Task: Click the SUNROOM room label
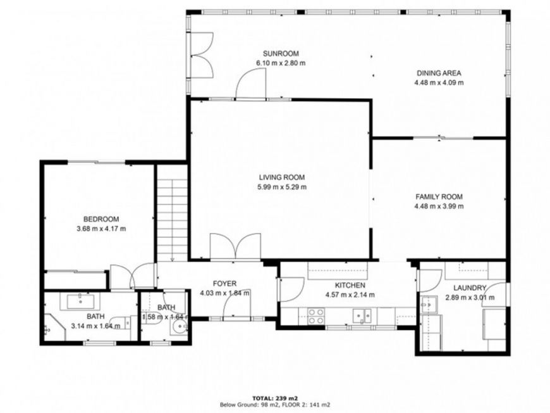[x=281, y=54]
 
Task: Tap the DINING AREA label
[x=439, y=73]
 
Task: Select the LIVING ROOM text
[x=282, y=177]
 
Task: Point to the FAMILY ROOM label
[x=439, y=197]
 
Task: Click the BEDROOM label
[x=101, y=219]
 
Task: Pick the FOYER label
[x=224, y=283]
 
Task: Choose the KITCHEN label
[x=350, y=286]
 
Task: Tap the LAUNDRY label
[x=470, y=288]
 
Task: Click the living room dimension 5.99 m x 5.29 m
[x=282, y=187]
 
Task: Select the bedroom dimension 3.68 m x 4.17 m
[x=101, y=229]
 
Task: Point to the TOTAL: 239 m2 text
[x=275, y=398]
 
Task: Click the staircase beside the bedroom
[x=172, y=220]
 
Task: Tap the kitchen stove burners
[x=315, y=316]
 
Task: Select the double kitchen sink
[x=362, y=315]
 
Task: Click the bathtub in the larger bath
[x=80, y=302]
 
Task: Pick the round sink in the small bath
[x=180, y=327]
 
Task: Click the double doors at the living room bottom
[x=235, y=247]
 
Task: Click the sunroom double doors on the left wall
[x=201, y=55]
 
